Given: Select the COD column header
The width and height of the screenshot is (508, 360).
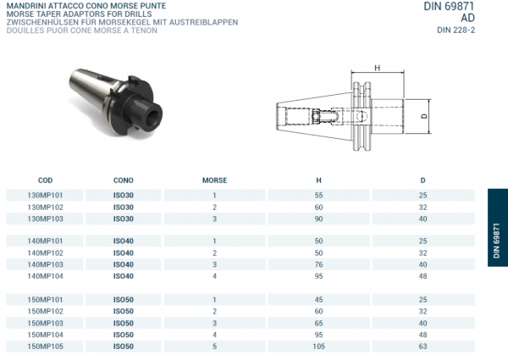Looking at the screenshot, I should pyautogui.click(x=46, y=180).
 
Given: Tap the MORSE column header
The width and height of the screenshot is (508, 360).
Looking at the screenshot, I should pyautogui.click(x=214, y=180).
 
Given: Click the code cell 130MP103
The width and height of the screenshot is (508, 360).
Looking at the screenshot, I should pyautogui.click(x=46, y=219).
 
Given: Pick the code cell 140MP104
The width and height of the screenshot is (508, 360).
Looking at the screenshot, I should pyautogui.click(x=46, y=276).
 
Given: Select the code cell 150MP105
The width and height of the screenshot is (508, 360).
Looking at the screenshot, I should pyautogui.click(x=46, y=346).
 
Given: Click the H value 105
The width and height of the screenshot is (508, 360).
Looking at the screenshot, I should pyautogui.click(x=318, y=346).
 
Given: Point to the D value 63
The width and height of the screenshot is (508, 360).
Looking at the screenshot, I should pyautogui.click(x=422, y=346).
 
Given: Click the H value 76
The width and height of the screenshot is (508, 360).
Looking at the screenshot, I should pyautogui.click(x=318, y=264).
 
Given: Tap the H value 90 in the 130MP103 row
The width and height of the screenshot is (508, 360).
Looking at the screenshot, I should pyautogui.click(x=318, y=219).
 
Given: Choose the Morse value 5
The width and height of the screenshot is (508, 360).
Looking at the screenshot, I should pyautogui.click(x=214, y=346).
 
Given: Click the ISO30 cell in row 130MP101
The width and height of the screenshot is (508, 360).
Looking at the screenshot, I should pyautogui.click(x=124, y=195).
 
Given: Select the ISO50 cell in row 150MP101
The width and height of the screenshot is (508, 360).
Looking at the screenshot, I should pyautogui.click(x=124, y=299).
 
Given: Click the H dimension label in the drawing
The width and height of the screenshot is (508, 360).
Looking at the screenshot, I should pyautogui.click(x=377, y=69).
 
